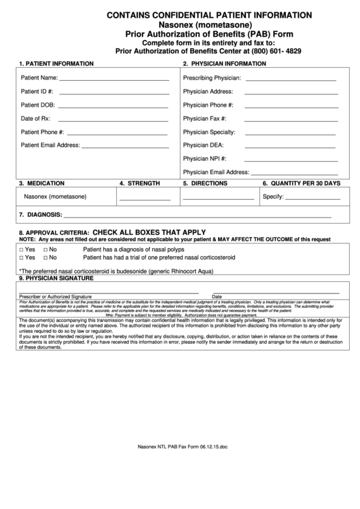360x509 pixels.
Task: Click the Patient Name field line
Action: click(114, 80)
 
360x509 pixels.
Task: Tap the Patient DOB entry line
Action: click(113, 107)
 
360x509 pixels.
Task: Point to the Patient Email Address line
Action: click(126, 146)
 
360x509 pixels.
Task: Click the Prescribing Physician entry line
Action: click(291, 80)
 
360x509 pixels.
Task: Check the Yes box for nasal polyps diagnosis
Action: click(22, 250)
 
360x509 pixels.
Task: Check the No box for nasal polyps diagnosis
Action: click(46, 250)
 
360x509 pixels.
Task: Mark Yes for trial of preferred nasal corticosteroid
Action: click(22, 258)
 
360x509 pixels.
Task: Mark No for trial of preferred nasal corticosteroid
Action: click(46, 258)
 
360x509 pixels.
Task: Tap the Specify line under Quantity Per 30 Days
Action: click(312, 199)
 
